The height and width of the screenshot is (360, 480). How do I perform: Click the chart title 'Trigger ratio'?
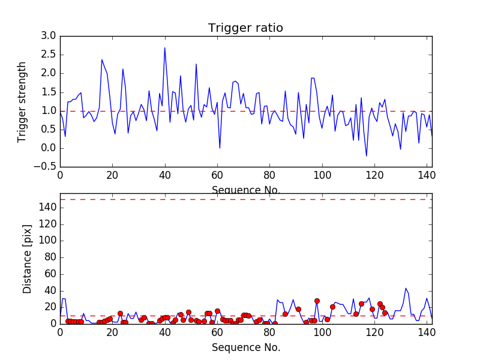(x=245, y=28)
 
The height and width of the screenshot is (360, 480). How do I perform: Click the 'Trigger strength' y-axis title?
(x=22, y=101)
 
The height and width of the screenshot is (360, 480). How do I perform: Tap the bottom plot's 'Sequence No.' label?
(x=246, y=347)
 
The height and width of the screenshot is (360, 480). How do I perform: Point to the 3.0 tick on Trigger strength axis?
(x=49, y=36)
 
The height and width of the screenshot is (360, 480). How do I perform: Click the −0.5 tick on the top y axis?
(x=45, y=167)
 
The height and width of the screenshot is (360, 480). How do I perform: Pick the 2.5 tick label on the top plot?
(x=49, y=55)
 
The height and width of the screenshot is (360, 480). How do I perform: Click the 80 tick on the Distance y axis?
(x=50, y=257)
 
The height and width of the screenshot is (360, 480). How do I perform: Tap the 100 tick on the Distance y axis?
(x=47, y=240)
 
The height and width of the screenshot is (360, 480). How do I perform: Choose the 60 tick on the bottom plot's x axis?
(x=217, y=332)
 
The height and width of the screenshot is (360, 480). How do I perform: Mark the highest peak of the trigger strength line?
(x=165, y=47)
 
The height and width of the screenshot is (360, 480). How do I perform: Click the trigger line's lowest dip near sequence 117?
(x=366, y=156)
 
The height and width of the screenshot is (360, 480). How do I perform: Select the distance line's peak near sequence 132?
(x=406, y=288)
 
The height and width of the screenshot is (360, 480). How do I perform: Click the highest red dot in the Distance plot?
(x=317, y=301)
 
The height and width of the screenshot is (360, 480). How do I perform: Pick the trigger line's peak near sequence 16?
(x=102, y=59)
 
